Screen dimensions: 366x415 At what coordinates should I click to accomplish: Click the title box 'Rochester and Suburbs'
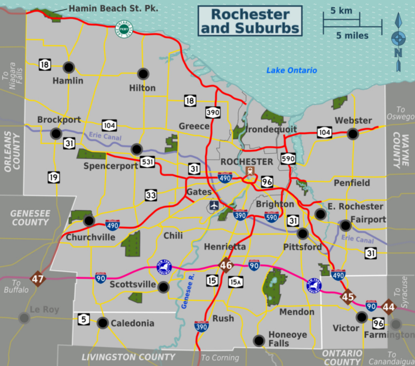tap(250, 21)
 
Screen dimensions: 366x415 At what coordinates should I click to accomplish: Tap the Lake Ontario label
tap(291, 70)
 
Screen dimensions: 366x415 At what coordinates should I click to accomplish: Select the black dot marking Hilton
tap(143, 74)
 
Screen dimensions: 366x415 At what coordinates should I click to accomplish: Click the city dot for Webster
tap(353, 134)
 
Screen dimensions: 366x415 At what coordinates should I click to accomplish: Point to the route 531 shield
tap(147, 163)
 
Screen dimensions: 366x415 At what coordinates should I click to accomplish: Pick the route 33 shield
tap(150, 195)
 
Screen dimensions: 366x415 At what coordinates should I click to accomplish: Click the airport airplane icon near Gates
tap(214, 205)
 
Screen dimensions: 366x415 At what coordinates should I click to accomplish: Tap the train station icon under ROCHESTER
tap(249, 171)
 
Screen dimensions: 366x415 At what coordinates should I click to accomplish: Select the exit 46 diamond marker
tap(226, 265)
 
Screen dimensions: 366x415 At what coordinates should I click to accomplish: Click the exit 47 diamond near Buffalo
tap(38, 279)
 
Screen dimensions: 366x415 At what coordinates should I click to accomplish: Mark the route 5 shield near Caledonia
tap(84, 319)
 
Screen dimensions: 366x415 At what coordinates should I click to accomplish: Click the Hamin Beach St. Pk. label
tap(113, 9)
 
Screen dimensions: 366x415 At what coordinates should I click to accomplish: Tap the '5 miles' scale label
tap(352, 35)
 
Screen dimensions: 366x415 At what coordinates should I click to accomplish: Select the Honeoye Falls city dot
tap(259, 340)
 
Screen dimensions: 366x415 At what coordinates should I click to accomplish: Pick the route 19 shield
tap(54, 177)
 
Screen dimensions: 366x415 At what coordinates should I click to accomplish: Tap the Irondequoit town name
tap(271, 129)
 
